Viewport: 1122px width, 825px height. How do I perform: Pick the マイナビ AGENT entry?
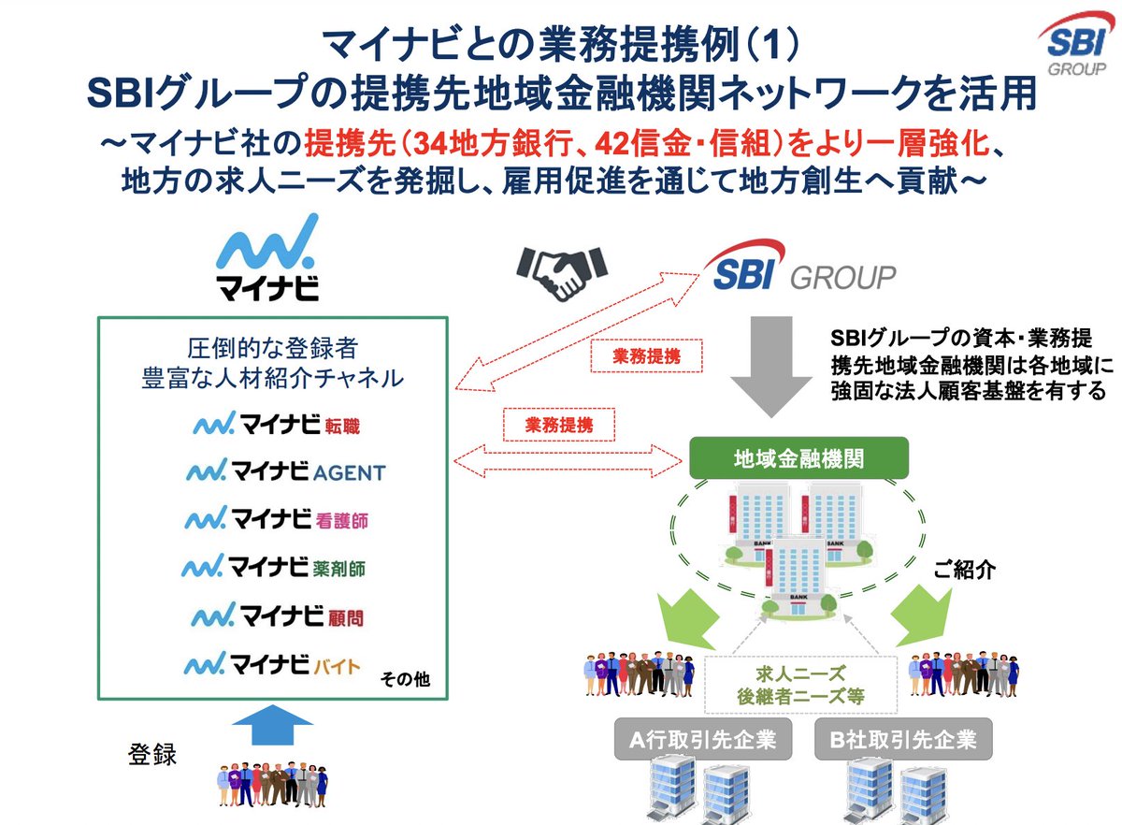[285, 470]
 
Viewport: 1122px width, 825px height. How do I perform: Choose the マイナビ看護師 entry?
[277, 517]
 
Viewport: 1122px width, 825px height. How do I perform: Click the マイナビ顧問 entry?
[277, 615]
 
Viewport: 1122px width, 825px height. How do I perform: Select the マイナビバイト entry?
[271, 665]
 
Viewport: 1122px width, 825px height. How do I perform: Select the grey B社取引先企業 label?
[903, 741]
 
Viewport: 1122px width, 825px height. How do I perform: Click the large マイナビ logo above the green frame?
[267, 257]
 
